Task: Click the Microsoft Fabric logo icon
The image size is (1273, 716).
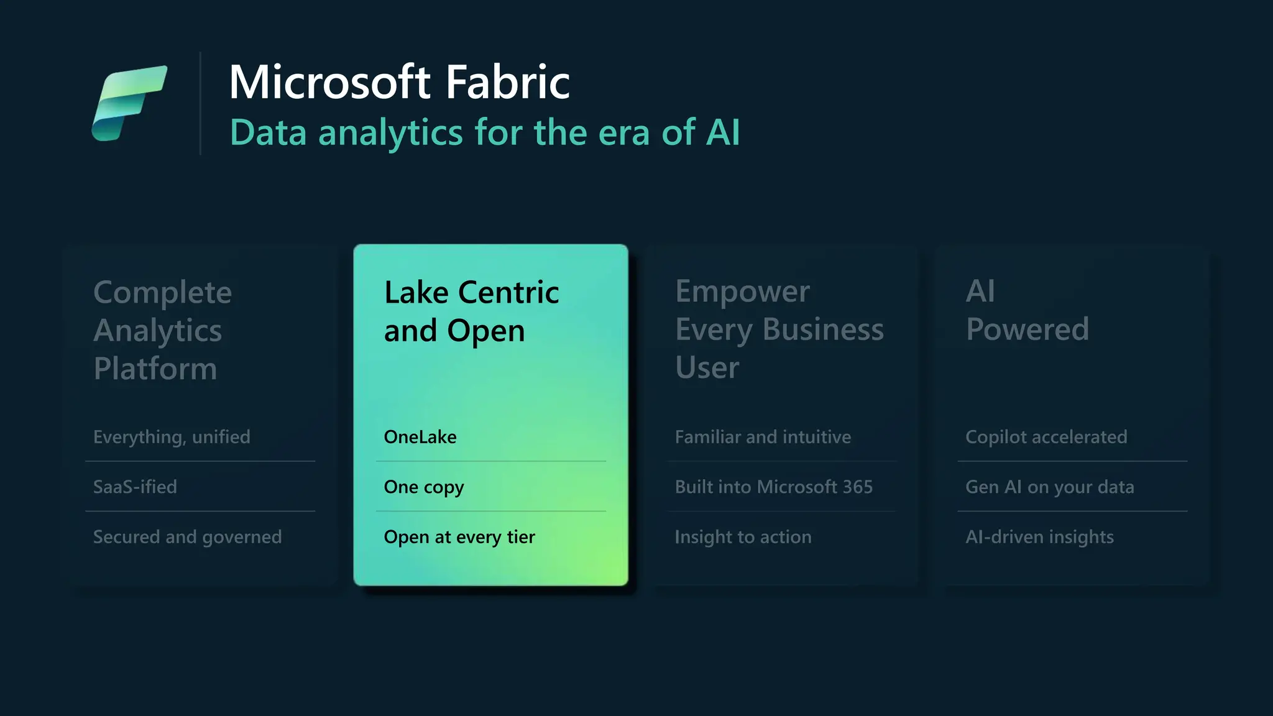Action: coord(129,103)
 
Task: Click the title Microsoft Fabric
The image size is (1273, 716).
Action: coord(399,81)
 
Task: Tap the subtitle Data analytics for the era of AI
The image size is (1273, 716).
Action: coord(485,132)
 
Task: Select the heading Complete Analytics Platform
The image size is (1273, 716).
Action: coord(162,330)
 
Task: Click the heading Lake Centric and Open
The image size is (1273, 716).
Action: coord(471,311)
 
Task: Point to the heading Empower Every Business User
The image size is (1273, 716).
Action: coord(779,329)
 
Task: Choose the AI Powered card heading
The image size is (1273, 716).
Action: coord(1027,310)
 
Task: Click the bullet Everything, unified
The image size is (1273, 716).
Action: coord(172,437)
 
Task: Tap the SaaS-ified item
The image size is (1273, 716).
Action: coord(135,487)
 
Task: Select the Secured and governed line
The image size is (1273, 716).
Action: coord(187,537)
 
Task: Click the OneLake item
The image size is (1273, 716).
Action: coord(420,437)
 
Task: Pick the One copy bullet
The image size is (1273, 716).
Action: coord(424,487)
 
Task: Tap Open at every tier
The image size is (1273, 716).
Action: coord(459,537)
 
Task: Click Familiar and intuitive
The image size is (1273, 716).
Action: coord(763,437)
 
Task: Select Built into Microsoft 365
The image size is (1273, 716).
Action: coord(774,487)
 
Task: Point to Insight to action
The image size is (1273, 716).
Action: coord(743,537)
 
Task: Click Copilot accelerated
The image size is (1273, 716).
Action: coord(1046,437)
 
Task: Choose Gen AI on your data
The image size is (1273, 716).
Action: coord(1049,487)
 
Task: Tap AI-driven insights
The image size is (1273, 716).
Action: coord(1039,537)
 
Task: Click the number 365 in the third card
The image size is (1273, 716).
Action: coord(857,487)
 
